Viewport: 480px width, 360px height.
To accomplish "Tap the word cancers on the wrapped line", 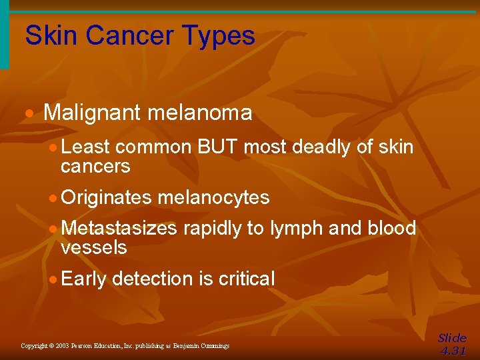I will (x=95, y=166).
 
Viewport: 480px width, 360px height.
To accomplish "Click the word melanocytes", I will (x=214, y=198).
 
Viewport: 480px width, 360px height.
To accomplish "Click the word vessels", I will (x=93, y=248).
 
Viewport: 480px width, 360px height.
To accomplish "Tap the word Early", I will (x=83, y=279).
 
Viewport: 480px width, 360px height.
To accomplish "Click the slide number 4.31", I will (x=453, y=351).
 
